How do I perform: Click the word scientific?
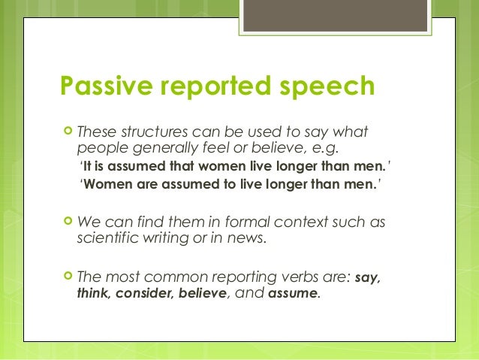(x=105, y=239)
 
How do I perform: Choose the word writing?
(x=167, y=240)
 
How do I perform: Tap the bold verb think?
(x=92, y=294)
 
